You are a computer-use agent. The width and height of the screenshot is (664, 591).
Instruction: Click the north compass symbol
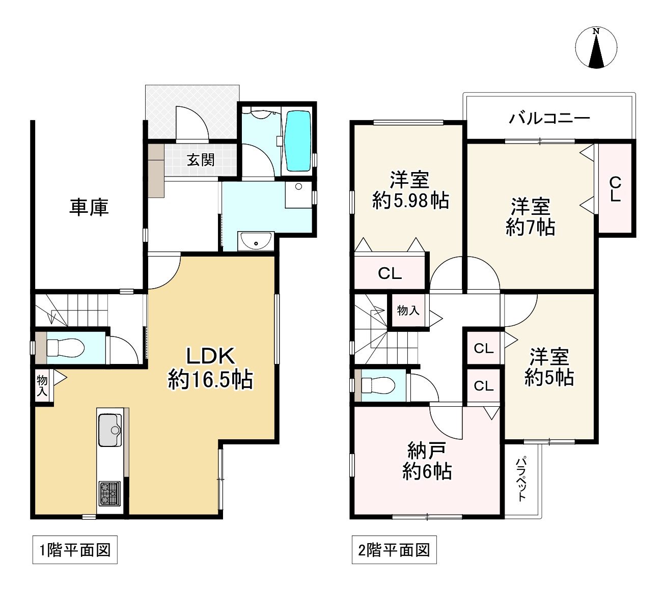click(x=596, y=47)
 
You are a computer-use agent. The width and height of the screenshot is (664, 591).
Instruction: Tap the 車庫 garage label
click(x=89, y=207)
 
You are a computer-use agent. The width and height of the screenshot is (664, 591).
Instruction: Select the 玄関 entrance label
click(x=201, y=160)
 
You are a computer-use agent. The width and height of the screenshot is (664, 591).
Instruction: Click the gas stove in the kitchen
click(x=109, y=493)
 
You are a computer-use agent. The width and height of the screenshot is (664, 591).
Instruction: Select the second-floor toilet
click(x=379, y=386)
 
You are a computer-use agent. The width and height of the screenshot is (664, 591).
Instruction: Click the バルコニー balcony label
click(x=549, y=119)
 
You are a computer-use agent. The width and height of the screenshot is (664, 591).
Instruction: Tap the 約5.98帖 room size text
click(x=410, y=202)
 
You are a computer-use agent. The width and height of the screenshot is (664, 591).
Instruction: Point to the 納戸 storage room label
click(x=427, y=450)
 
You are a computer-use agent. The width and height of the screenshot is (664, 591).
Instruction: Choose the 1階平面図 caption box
click(x=75, y=550)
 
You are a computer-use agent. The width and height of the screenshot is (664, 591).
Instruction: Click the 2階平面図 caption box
click(x=394, y=550)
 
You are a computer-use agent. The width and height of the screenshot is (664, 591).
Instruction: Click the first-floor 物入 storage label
click(x=42, y=385)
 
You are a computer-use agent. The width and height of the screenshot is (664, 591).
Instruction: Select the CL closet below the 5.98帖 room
click(x=390, y=273)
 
